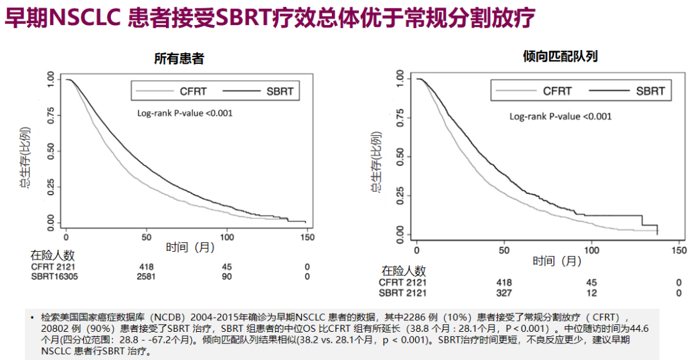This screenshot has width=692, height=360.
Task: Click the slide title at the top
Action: (270, 19)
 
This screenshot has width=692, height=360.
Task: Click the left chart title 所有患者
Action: (179, 58)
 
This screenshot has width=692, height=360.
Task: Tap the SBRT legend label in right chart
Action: (650, 91)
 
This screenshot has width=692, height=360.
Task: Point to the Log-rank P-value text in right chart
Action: (560, 116)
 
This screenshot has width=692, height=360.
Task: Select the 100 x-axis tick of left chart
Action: (227, 235)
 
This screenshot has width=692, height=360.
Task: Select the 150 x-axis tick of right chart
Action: (677, 249)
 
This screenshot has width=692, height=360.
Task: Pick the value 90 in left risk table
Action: (227, 276)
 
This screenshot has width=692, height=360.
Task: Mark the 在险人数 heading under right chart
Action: (404, 270)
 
